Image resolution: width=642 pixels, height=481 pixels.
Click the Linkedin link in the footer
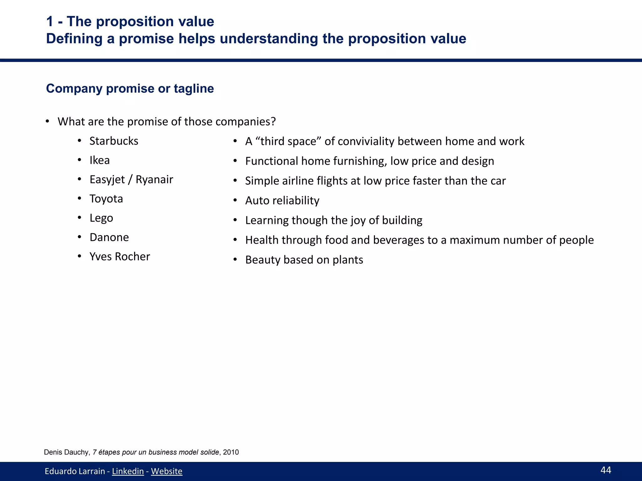click(128, 471)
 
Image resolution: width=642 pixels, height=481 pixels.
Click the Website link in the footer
click(166, 471)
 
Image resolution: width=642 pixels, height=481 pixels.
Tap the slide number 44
click(606, 470)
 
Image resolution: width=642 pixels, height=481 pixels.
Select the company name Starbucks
click(114, 141)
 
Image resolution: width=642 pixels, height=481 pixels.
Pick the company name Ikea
click(99, 160)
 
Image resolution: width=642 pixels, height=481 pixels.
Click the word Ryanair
click(154, 179)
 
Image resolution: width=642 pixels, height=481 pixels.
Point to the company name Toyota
click(106, 199)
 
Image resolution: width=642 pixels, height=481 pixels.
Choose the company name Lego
click(101, 218)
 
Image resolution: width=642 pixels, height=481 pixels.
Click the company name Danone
click(109, 237)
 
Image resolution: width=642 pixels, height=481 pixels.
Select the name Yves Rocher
click(120, 256)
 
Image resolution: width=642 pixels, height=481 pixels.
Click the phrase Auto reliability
click(282, 200)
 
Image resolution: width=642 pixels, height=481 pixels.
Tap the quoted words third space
click(288, 141)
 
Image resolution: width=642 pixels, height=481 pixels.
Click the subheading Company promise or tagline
click(130, 89)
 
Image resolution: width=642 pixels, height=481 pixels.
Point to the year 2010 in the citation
click(231, 452)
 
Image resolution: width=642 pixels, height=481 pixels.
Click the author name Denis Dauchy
click(66, 452)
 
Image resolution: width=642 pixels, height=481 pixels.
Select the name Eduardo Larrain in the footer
click(75, 471)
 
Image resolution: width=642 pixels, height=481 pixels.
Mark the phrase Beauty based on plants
click(304, 260)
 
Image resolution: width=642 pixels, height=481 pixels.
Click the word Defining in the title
click(74, 39)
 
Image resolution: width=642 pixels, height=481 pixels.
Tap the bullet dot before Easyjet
click(80, 179)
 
